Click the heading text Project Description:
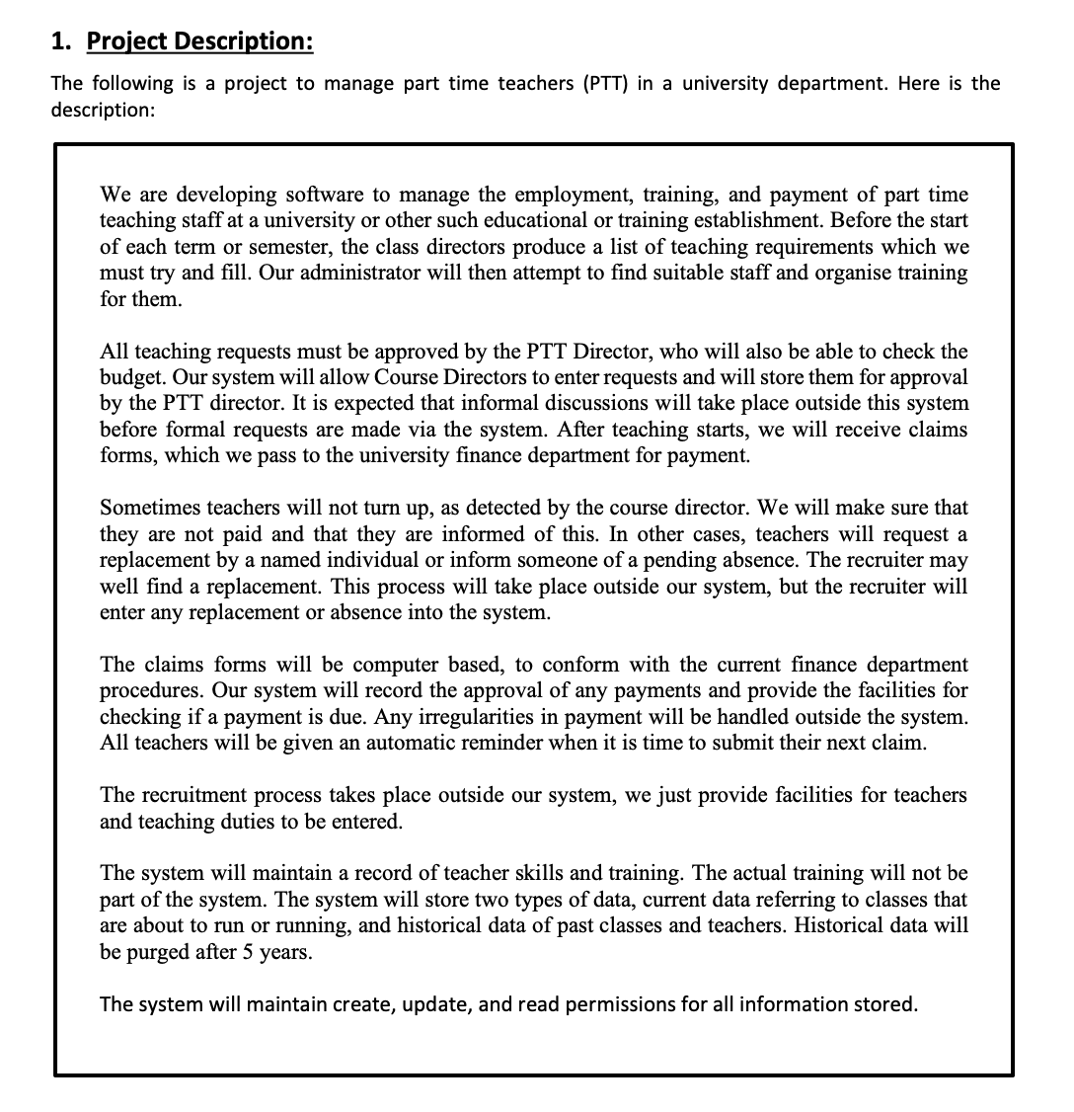pyautogui.click(x=200, y=41)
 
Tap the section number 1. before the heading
pyautogui.click(x=62, y=41)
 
